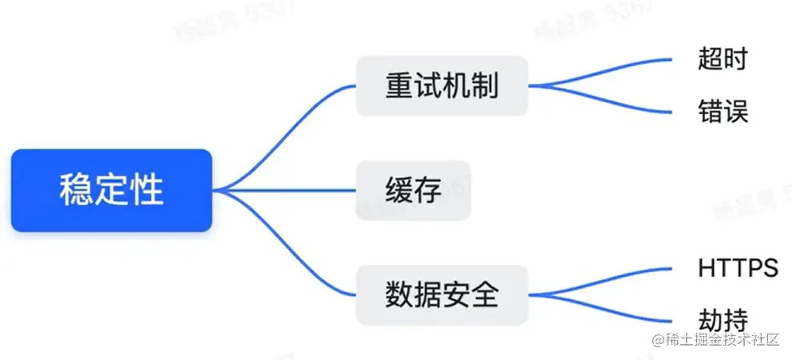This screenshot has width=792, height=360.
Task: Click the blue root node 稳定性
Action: (112, 190)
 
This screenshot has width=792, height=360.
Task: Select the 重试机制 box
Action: (442, 85)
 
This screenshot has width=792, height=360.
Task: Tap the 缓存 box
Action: (413, 190)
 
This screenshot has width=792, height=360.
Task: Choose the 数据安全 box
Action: (442, 295)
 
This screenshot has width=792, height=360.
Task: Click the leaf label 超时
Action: (723, 59)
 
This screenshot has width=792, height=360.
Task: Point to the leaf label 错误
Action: (723, 112)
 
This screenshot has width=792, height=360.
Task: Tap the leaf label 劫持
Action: (723, 319)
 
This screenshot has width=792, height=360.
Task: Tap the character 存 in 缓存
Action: (427, 190)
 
